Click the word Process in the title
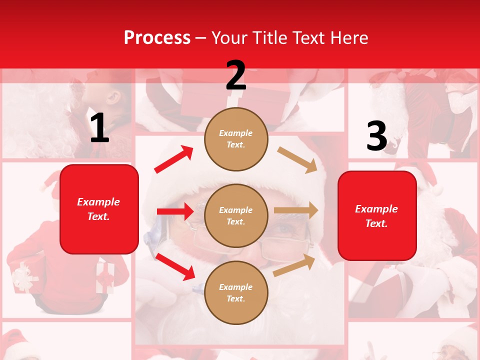[x=157, y=37]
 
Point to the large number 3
[x=376, y=136]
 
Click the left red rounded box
[x=99, y=209]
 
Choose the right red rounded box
[x=377, y=215]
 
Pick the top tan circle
[x=236, y=138]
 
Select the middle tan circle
[x=236, y=215]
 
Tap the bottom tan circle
[x=236, y=292]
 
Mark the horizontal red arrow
[x=175, y=211]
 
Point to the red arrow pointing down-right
[x=175, y=266]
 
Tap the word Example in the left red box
[x=98, y=202]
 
